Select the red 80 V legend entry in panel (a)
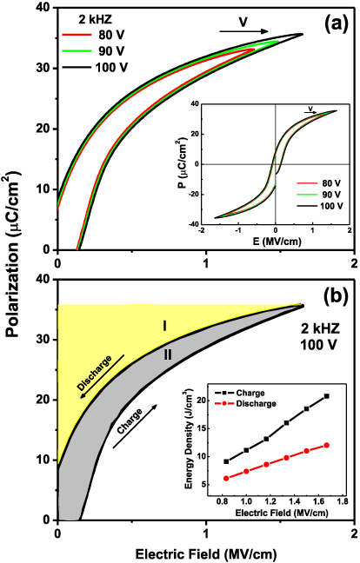point(94,36)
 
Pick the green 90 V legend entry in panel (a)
point(94,50)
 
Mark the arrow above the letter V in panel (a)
point(238,31)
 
